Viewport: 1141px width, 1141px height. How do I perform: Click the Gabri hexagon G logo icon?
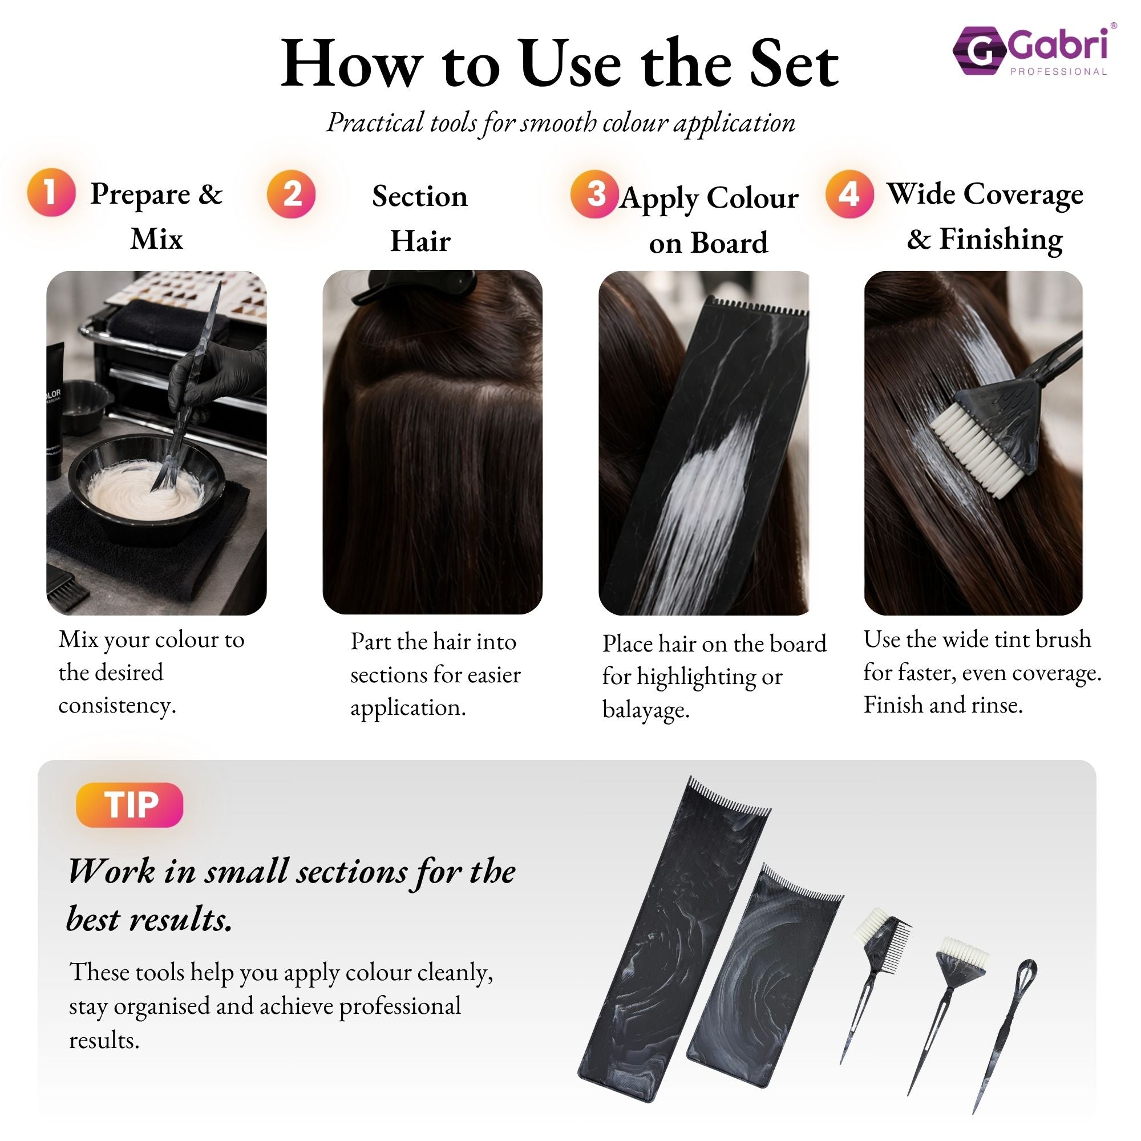979,51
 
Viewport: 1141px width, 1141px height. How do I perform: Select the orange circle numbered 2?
290,194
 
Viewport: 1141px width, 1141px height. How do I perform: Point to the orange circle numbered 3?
594,194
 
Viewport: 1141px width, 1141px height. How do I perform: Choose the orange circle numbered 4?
849,194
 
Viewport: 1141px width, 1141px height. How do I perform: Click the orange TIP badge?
130,804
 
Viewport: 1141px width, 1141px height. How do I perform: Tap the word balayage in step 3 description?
645,709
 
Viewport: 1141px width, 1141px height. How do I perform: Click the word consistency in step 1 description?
116,705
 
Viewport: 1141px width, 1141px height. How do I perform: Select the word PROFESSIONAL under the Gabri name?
1058,72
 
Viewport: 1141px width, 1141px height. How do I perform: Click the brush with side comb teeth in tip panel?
880,951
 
